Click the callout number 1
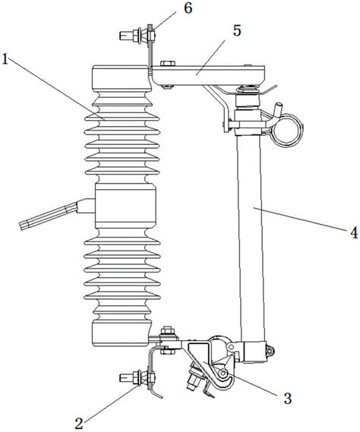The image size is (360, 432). coord(5,58)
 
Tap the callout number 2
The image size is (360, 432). coord(79,423)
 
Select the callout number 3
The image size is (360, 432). coord(288,398)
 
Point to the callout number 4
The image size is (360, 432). coord(354,232)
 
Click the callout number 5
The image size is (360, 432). coord(237,30)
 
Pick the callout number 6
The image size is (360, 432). coord(188,8)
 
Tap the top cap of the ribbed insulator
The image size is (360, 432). coord(122,78)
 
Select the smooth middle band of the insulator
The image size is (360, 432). coord(125,206)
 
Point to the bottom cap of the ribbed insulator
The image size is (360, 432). coord(122,333)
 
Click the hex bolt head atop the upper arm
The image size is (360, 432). coord(167,63)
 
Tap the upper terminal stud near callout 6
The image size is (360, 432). coord(137,35)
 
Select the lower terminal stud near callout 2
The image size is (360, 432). coord(137,377)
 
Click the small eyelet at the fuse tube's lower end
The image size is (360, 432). coord(270,351)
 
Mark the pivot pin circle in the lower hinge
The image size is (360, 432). coord(223,374)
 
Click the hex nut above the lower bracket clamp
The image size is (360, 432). coord(167,330)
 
